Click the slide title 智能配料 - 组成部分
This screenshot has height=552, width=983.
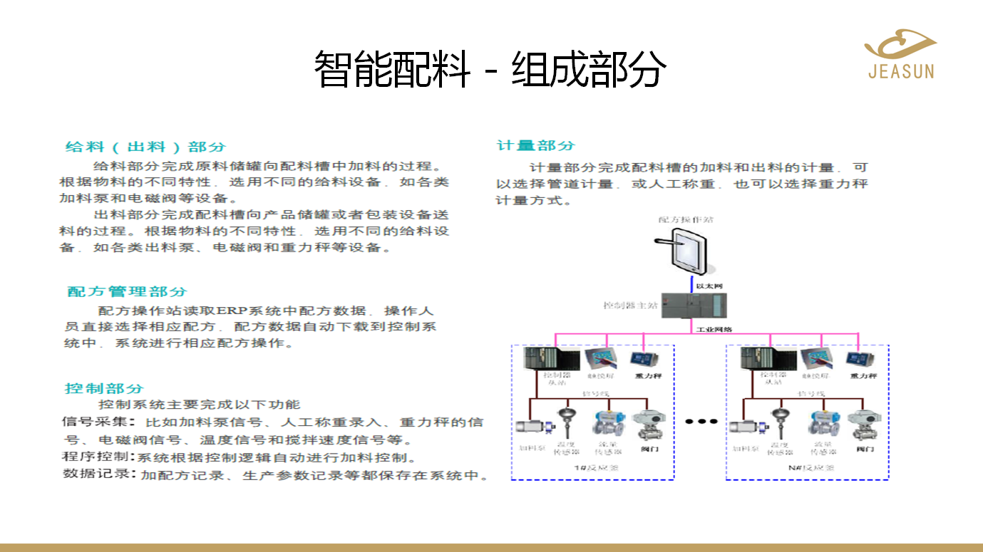[490, 69]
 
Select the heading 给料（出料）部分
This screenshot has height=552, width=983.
[145, 147]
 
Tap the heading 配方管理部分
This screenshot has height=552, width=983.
[127, 291]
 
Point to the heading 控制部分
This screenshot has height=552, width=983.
[104, 388]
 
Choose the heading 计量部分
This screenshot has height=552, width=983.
[535, 145]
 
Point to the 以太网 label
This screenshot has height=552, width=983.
[709, 286]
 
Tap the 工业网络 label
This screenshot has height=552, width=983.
[714, 329]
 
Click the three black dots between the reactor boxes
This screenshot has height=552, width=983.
[701, 422]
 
